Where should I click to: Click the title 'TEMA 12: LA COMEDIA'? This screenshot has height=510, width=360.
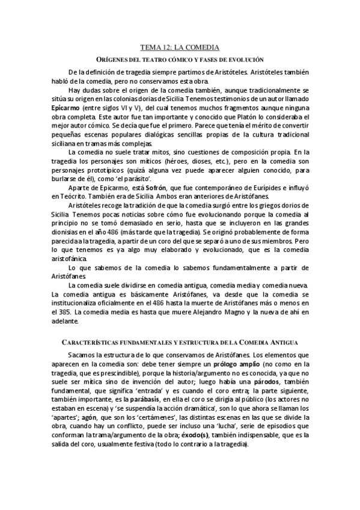pos(180,46)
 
